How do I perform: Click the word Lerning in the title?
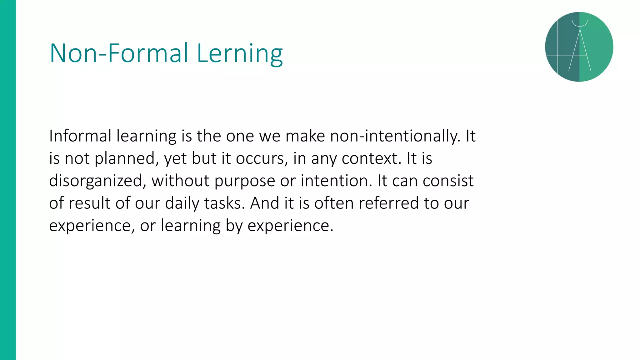pyautogui.click(x=240, y=54)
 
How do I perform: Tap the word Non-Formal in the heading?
pyautogui.click(x=119, y=54)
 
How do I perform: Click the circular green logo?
pyautogui.click(x=579, y=47)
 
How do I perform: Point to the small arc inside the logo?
pyautogui.click(x=580, y=23)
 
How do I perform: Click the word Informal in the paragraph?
pyautogui.click(x=80, y=136)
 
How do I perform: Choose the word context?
pyautogui.click(x=371, y=159)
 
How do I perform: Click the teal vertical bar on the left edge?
pyautogui.click(x=8, y=180)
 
